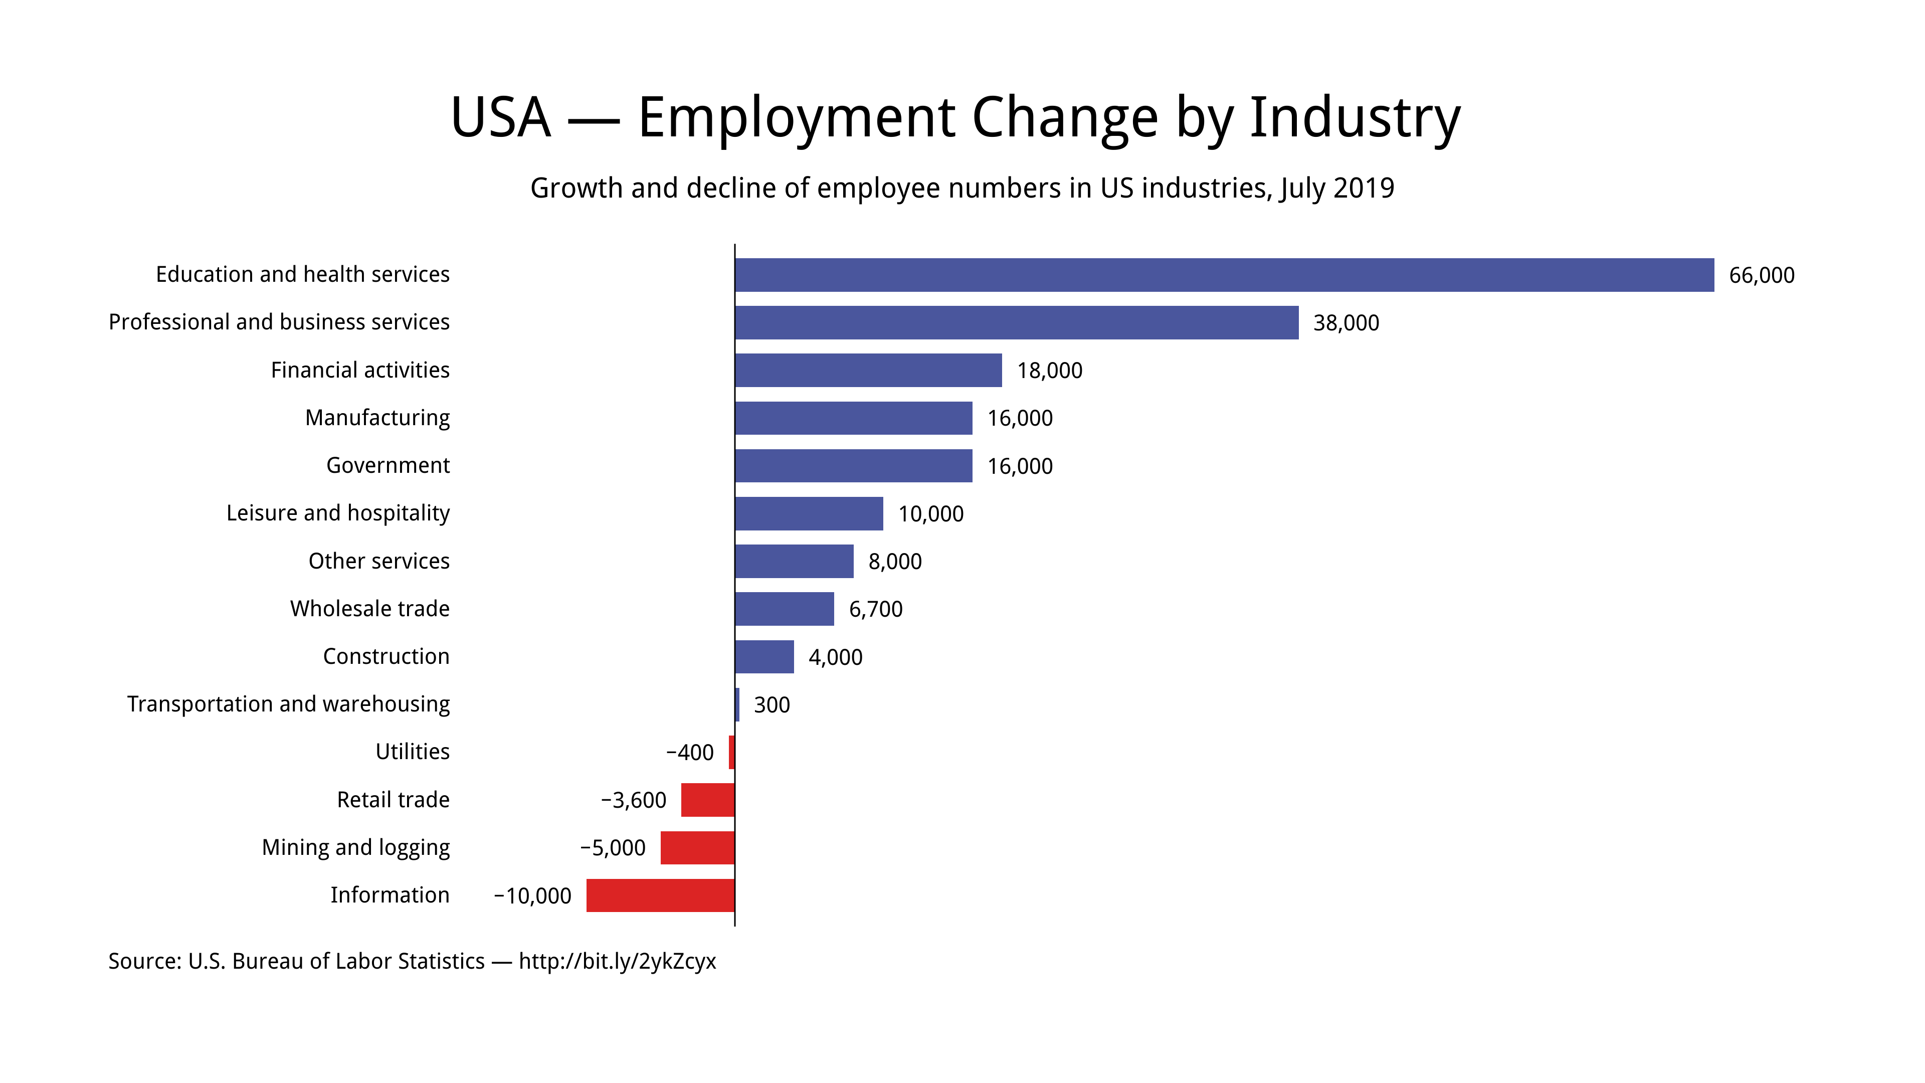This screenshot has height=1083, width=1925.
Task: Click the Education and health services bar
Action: pyautogui.click(x=1224, y=275)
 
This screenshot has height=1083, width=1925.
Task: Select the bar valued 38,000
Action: pyautogui.click(x=1016, y=323)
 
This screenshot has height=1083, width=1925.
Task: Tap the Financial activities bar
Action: pyautogui.click(x=868, y=371)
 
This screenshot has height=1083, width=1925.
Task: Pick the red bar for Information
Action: pyautogui.click(x=661, y=895)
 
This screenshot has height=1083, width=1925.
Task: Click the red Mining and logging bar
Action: pyautogui.click(x=697, y=847)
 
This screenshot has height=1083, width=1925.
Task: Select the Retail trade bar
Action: pyautogui.click(x=708, y=800)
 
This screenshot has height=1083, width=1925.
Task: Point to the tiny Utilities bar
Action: pyautogui.click(x=731, y=752)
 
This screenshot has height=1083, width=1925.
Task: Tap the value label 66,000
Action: pyautogui.click(x=1762, y=276)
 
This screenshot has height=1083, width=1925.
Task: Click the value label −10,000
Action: pyautogui.click(x=532, y=896)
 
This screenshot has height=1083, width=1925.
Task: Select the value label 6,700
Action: pyautogui.click(x=875, y=609)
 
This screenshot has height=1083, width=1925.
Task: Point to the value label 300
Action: pyautogui.click(x=771, y=705)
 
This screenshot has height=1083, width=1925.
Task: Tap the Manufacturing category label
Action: pyautogui.click(x=377, y=418)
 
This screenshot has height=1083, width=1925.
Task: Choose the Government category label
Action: pyautogui.click(x=388, y=466)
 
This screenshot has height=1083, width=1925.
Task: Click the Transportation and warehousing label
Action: pyautogui.click(x=288, y=704)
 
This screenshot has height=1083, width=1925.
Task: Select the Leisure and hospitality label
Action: pyautogui.click(x=338, y=513)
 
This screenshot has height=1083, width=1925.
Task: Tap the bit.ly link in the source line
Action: pyautogui.click(x=617, y=961)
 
